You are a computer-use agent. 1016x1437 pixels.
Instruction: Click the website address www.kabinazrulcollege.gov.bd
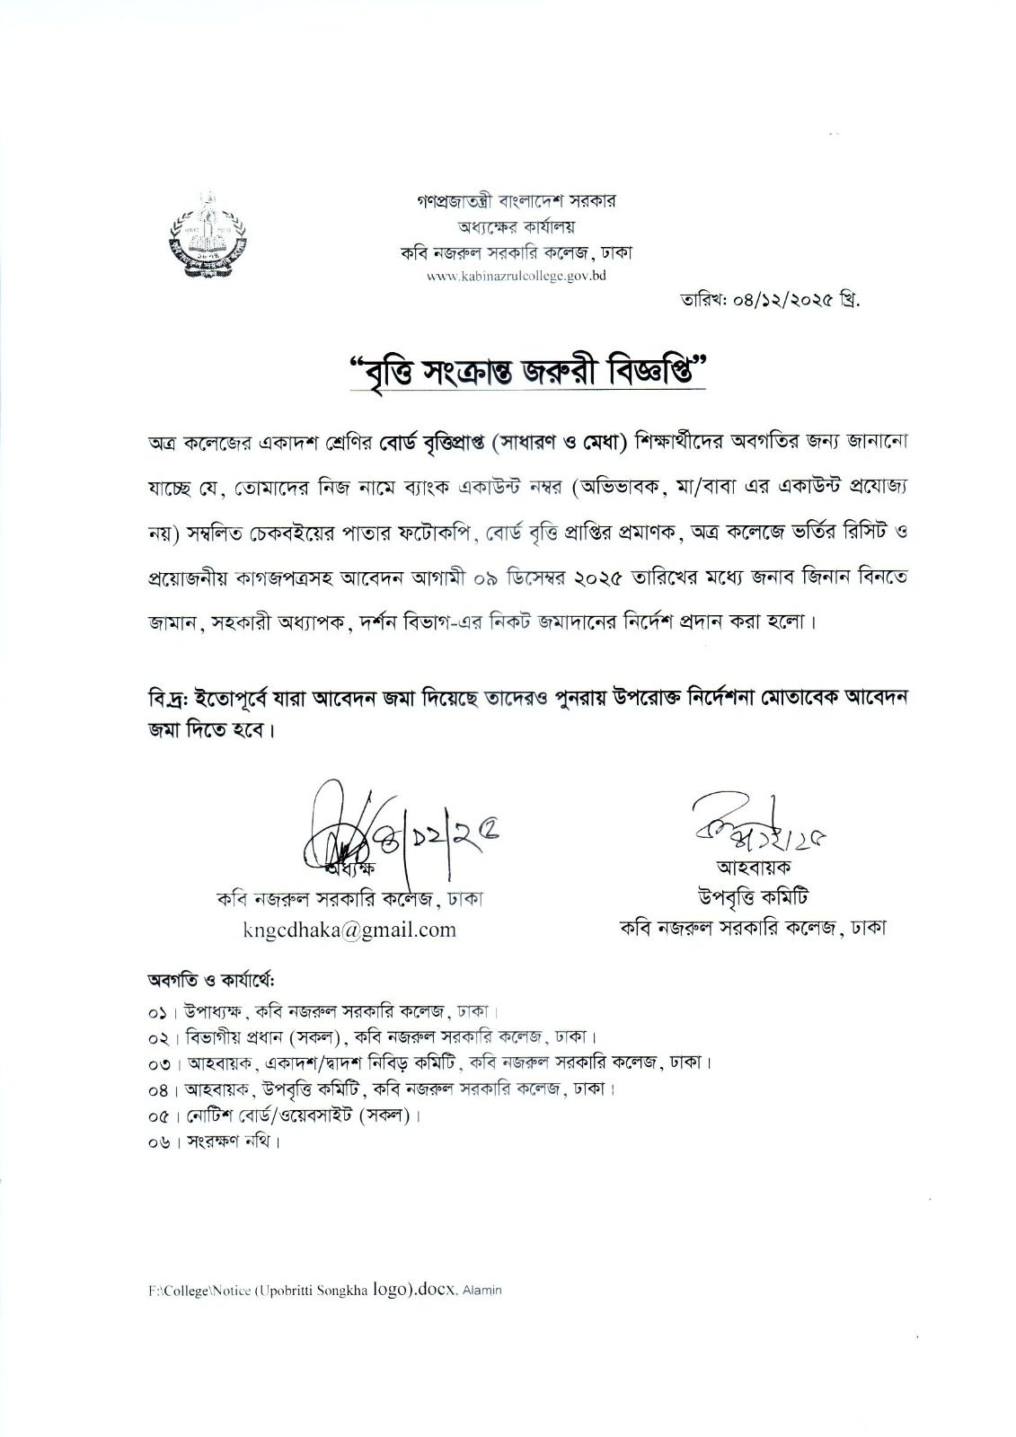pos(516,277)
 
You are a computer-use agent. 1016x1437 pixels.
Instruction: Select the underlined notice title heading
pos(528,369)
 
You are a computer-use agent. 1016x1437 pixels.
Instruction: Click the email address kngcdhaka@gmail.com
pos(349,930)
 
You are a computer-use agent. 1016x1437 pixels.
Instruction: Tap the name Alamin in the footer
pos(484,1291)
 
